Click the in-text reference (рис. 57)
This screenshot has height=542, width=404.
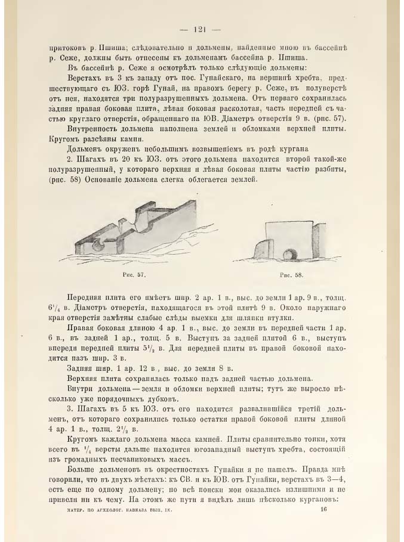(322, 118)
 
